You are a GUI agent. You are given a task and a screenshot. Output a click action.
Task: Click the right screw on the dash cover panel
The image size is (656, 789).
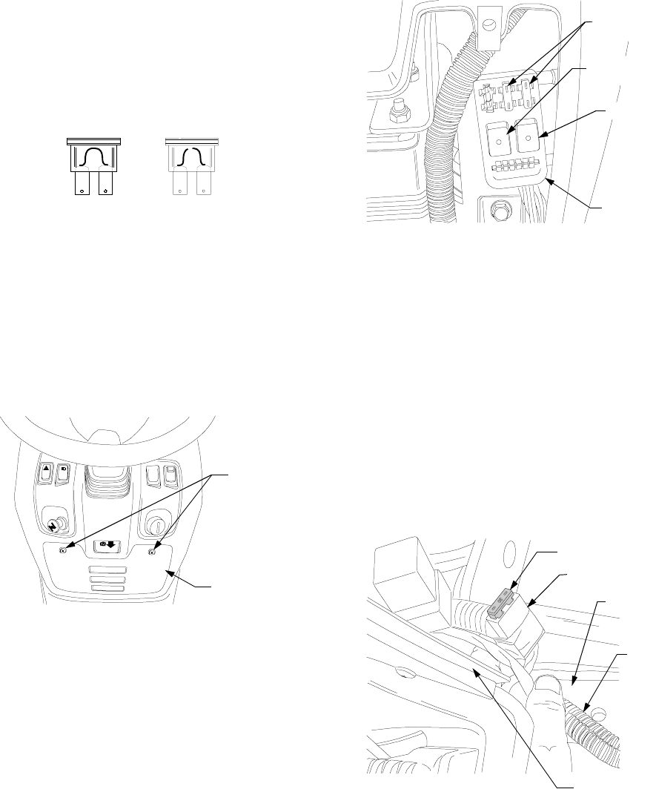click(153, 551)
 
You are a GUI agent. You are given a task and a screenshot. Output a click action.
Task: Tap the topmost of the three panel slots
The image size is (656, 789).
click(108, 570)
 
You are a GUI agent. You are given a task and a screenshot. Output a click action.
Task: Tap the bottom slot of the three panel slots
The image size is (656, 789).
click(108, 590)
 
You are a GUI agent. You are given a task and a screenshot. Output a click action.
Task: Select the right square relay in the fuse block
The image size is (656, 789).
click(529, 137)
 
